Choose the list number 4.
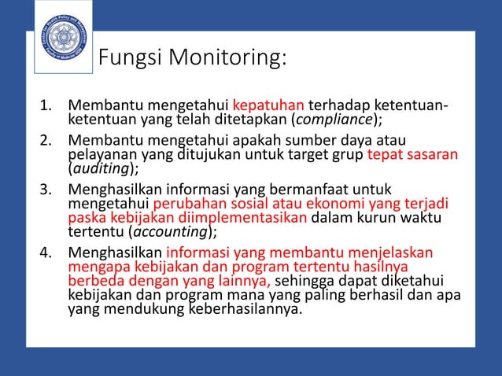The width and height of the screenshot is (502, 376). click(46, 253)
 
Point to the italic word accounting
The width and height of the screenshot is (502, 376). click(168, 231)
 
